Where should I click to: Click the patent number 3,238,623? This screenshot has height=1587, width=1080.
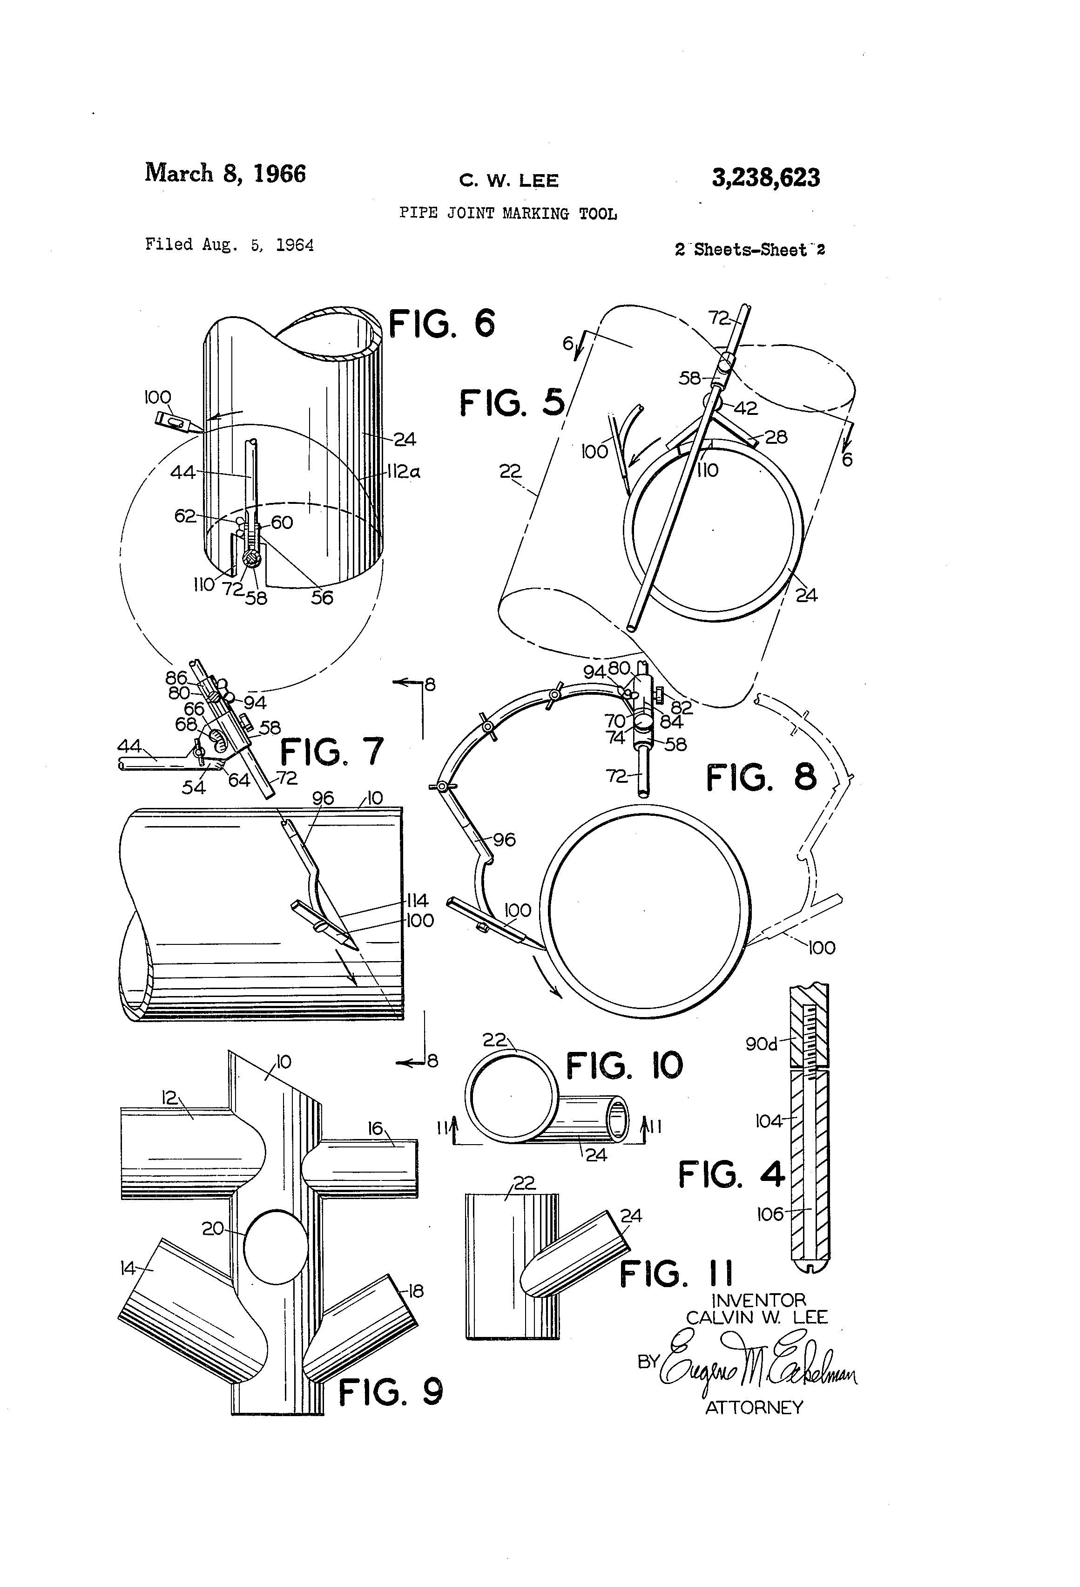(766, 178)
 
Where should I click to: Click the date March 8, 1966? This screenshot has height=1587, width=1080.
(225, 173)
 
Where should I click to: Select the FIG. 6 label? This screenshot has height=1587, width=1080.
(442, 323)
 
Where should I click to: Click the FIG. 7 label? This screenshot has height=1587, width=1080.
(332, 752)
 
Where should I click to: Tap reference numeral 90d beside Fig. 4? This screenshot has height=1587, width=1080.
(761, 1044)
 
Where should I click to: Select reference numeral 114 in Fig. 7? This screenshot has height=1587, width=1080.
(417, 901)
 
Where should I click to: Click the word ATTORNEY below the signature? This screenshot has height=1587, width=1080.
(754, 1407)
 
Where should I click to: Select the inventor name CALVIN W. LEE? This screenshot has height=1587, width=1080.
(756, 1317)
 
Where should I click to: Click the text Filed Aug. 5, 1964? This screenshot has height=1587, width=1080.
(229, 244)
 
